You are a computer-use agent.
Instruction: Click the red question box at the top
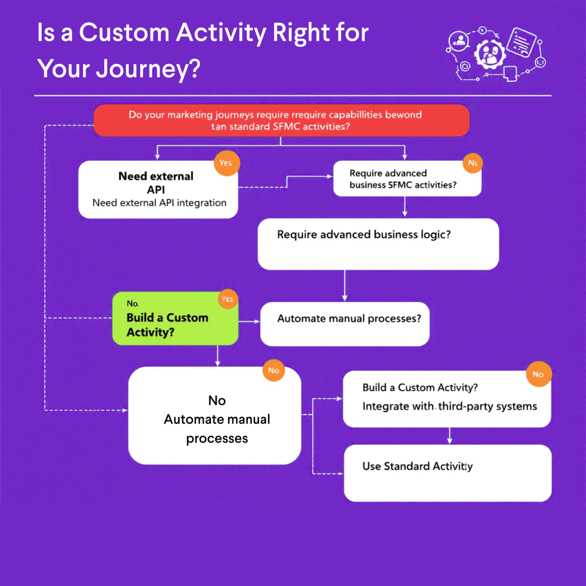(281, 120)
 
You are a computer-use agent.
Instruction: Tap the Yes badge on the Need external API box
(226, 163)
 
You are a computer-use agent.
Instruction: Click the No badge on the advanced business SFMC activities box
(473, 163)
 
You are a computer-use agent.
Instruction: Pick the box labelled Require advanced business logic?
(378, 244)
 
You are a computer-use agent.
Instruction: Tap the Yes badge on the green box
(227, 299)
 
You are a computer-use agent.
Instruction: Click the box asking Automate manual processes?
(345, 324)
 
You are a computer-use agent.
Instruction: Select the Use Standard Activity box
(448, 473)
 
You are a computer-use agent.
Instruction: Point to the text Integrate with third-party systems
(450, 406)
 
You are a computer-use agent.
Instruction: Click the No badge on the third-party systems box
(538, 374)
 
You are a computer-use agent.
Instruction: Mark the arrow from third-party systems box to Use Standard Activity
(449, 435)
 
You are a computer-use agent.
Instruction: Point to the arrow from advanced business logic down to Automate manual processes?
(345, 286)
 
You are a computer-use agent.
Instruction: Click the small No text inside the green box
(133, 303)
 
